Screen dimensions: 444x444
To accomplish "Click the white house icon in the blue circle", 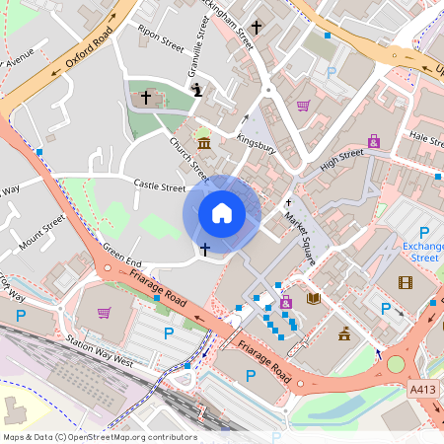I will click(x=222, y=213).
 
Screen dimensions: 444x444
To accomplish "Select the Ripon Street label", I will click(x=161, y=37).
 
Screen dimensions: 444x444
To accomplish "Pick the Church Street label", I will click(x=185, y=157).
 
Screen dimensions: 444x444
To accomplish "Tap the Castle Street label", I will click(x=160, y=186).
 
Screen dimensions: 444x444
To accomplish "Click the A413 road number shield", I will click(x=423, y=391).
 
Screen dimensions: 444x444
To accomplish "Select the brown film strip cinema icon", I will click(x=406, y=283).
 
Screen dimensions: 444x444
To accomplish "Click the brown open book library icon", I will click(x=314, y=298).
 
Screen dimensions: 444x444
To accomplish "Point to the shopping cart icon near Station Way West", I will click(x=105, y=313).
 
